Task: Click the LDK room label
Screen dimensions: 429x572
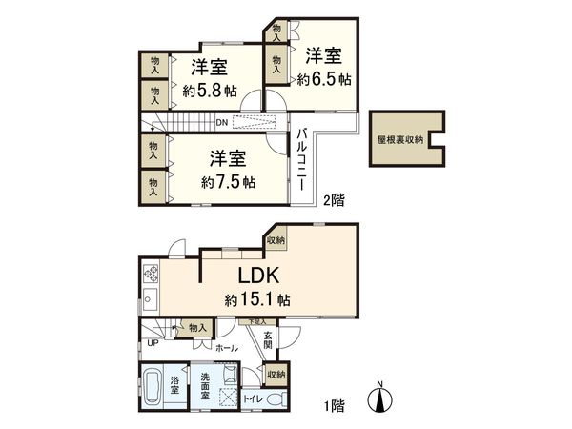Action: point(257,277)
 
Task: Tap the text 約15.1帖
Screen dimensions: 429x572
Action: point(257,299)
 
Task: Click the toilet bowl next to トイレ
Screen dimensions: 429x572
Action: point(276,399)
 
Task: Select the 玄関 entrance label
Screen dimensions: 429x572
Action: point(268,340)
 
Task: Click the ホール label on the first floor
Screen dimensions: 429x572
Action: point(225,349)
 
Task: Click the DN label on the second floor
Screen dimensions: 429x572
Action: point(220,122)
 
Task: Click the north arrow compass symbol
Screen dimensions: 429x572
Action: point(381,398)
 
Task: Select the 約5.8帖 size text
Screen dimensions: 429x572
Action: point(208,92)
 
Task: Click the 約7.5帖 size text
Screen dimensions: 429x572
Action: point(228,180)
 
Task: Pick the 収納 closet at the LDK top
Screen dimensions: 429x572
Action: point(276,240)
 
